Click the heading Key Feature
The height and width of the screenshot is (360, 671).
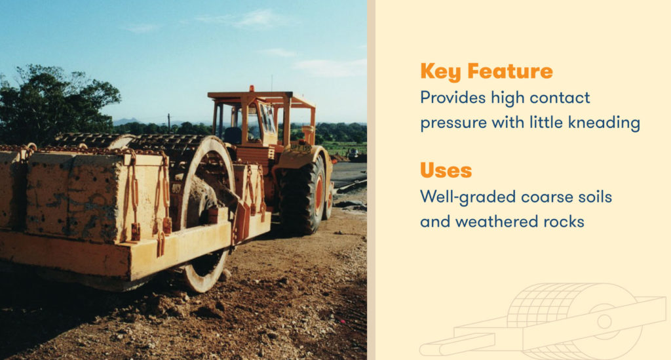pos(486,71)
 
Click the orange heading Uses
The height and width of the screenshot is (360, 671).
pos(446,170)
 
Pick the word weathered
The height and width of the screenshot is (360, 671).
pos(497,222)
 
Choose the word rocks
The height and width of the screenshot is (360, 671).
pos(561,222)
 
